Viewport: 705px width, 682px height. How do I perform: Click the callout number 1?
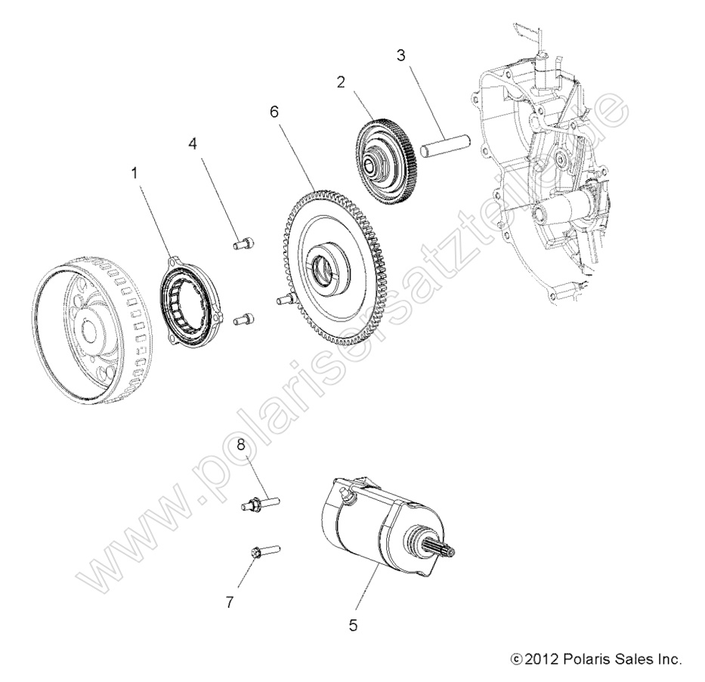135,173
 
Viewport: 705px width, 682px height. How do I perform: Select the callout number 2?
341,82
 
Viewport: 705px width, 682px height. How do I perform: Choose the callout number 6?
274,111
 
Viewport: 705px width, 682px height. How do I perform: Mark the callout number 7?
230,602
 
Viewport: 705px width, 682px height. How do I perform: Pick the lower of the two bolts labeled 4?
243,319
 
